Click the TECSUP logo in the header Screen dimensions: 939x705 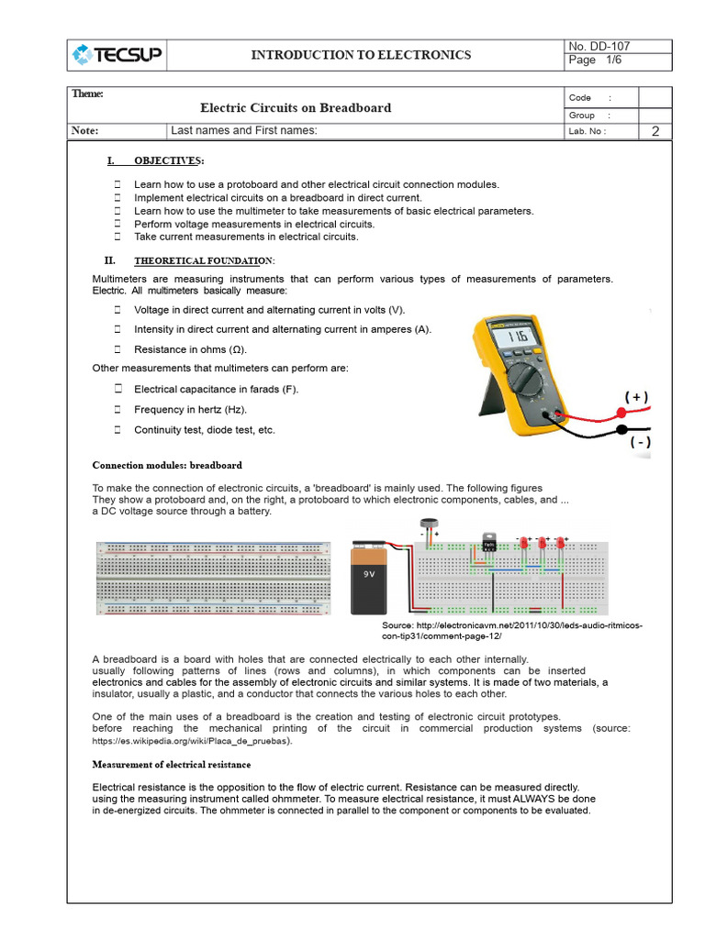[x=117, y=55]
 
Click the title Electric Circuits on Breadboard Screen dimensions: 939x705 [x=296, y=107]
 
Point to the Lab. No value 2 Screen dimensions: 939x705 [x=655, y=131]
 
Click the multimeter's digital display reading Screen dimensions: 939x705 [x=520, y=338]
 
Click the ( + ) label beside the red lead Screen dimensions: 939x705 [x=637, y=397]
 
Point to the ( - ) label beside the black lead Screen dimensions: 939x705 [x=640, y=442]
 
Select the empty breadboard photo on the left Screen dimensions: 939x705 [x=213, y=578]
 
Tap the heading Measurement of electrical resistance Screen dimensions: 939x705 [x=172, y=764]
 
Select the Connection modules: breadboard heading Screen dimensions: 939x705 [x=167, y=465]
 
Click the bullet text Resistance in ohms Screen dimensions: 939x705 [x=190, y=349]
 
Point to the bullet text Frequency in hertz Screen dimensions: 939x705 [x=190, y=410]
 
